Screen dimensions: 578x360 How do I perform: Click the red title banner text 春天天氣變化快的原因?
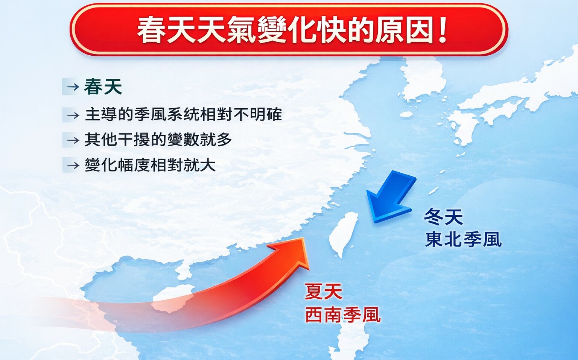285,30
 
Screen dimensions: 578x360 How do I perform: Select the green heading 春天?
103,87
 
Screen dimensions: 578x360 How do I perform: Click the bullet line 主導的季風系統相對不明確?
183,114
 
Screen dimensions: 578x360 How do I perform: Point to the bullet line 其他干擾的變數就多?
158,140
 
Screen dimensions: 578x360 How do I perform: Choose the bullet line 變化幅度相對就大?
150,164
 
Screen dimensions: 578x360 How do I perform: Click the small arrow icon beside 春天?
73,87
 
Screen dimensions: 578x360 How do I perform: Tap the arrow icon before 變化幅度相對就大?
73,165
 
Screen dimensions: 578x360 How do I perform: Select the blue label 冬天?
443,217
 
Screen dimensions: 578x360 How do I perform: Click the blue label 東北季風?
463,239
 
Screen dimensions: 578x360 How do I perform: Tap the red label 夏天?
324,292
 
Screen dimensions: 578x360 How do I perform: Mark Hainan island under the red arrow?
172,299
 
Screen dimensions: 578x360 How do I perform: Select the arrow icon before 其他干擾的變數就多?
73,140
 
